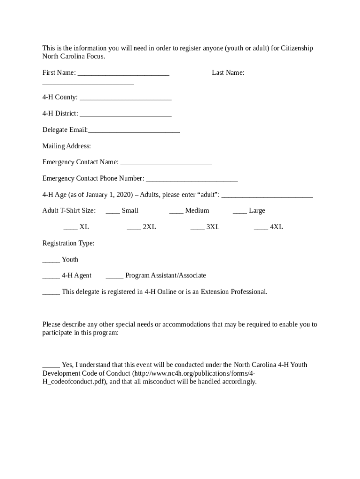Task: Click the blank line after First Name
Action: click(123, 74)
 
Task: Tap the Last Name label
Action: click(228, 73)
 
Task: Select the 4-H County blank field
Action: click(125, 99)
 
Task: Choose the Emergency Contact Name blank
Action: click(166, 164)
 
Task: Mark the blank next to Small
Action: click(113, 212)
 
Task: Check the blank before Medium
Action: click(176, 212)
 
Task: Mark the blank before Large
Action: click(240, 212)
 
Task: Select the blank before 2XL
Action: click(134, 228)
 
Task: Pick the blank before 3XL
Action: click(197, 228)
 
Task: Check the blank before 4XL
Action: click(261, 228)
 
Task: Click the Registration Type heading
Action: click(68, 243)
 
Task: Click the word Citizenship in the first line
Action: click(297, 48)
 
